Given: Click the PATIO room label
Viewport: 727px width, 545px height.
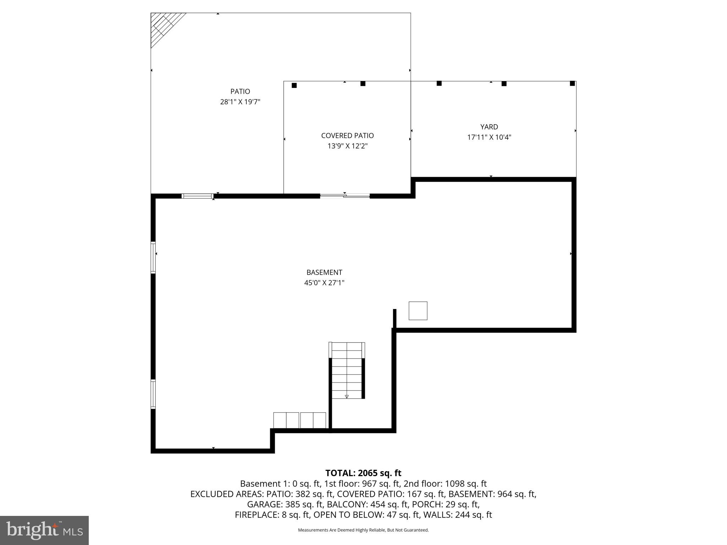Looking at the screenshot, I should [240, 92].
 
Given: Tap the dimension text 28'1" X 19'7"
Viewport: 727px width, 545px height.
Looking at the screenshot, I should [240, 102].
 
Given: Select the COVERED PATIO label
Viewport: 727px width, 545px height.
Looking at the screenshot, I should [347, 136].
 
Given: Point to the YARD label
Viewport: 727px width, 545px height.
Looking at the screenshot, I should [489, 127].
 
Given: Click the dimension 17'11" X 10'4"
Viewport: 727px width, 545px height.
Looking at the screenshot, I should [489, 137].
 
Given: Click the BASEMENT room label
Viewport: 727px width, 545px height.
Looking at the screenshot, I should [324, 272].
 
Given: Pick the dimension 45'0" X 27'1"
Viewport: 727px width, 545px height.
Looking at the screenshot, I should [324, 283].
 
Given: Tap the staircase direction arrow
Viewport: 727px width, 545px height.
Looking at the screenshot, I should [347, 396].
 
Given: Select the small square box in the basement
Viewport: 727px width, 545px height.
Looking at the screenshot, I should [418, 311].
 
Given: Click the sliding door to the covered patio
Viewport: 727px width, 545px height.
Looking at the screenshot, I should [345, 196].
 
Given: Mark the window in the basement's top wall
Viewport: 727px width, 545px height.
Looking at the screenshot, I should [197, 196].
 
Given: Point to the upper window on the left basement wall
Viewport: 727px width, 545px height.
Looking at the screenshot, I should [153, 257].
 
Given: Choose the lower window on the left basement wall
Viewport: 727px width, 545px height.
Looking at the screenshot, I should [153, 394].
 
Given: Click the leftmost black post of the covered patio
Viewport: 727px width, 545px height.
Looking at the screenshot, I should [294, 86].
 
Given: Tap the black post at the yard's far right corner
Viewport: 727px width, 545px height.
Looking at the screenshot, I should [572, 83].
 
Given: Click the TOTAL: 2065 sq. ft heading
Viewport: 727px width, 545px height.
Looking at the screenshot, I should [363, 473].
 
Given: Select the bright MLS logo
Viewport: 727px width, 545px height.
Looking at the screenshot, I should [44, 530].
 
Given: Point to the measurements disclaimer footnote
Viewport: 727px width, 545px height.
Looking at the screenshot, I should [363, 530].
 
